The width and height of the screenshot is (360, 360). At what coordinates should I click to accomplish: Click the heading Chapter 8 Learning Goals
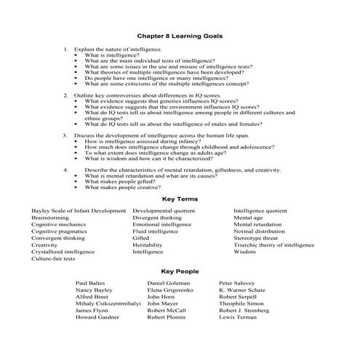[180, 35]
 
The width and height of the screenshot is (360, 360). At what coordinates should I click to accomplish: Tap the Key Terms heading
[180, 199]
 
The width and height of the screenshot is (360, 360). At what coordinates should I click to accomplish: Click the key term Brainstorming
[51, 217]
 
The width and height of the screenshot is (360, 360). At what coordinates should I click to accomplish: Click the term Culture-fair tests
[53, 258]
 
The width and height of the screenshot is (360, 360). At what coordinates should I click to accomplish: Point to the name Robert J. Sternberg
[249, 310]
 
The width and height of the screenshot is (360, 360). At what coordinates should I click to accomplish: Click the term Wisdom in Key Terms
[244, 252]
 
